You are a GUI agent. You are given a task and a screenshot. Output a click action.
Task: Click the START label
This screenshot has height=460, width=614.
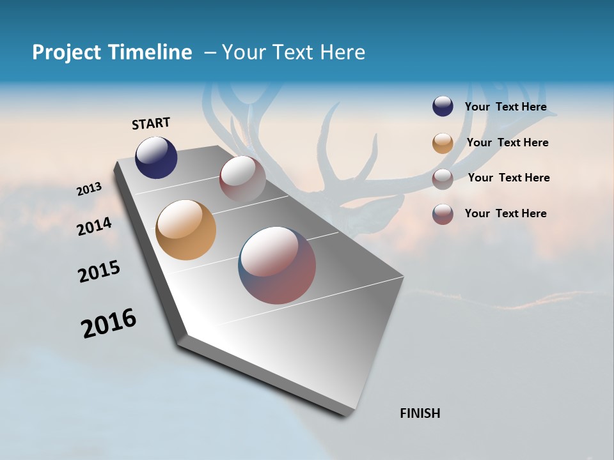coord(151,123)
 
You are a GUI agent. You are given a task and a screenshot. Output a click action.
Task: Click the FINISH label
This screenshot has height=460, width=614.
coord(420,413)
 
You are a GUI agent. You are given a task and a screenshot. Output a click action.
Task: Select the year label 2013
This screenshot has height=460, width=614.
coord(89,189)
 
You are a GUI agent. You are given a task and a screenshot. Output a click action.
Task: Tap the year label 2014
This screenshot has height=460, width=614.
coord(94,226)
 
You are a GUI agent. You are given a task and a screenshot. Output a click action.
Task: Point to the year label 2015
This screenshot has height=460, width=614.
coord(98,272)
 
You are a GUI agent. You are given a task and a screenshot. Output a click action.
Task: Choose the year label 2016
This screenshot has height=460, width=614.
coord(109,323)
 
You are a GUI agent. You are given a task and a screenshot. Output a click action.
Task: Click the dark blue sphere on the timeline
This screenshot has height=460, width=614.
coord(156,157)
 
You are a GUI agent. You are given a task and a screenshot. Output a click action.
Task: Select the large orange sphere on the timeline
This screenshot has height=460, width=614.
coord(185,230)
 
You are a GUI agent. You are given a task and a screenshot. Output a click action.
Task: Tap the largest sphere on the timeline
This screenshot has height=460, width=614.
coord(277,265)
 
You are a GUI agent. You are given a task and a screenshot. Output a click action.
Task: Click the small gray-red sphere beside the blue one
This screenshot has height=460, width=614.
coord(242,179)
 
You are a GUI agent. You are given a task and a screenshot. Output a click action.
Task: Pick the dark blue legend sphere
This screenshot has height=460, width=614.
coord(443,107)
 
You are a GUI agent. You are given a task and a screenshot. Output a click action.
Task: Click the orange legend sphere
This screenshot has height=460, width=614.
coord(443,143)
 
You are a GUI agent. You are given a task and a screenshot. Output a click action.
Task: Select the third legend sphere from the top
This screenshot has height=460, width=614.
coord(443,178)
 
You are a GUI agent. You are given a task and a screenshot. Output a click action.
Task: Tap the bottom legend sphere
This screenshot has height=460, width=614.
coord(443,214)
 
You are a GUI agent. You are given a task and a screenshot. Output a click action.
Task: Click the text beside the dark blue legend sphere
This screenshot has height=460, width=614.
coord(505,107)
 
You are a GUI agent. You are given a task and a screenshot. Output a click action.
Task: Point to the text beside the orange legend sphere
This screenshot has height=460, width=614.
coord(507,142)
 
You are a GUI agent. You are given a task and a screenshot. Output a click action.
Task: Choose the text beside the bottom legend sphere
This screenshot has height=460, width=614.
coord(505,213)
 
